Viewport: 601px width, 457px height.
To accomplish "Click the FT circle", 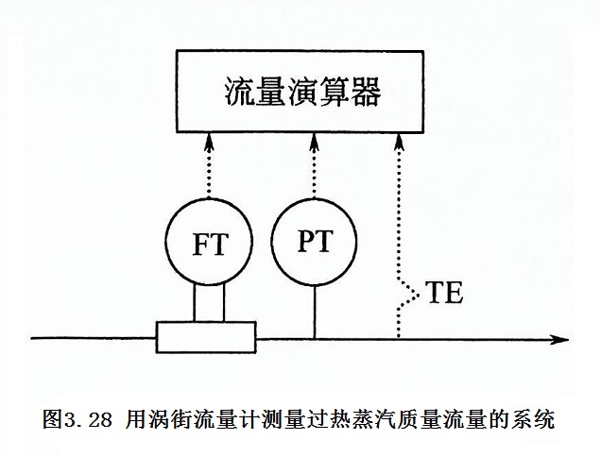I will (x=208, y=245).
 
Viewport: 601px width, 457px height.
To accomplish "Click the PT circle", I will (x=315, y=243).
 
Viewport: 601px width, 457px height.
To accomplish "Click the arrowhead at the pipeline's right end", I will (x=561, y=337).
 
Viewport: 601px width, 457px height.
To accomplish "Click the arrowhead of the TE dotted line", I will (x=400, y=140).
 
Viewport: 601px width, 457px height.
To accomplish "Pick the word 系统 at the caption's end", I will (x=535, y=416).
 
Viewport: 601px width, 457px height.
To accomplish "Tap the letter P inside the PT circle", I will (x=305, y=244).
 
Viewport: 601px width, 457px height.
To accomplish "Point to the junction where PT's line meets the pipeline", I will (x=315, y=337).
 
